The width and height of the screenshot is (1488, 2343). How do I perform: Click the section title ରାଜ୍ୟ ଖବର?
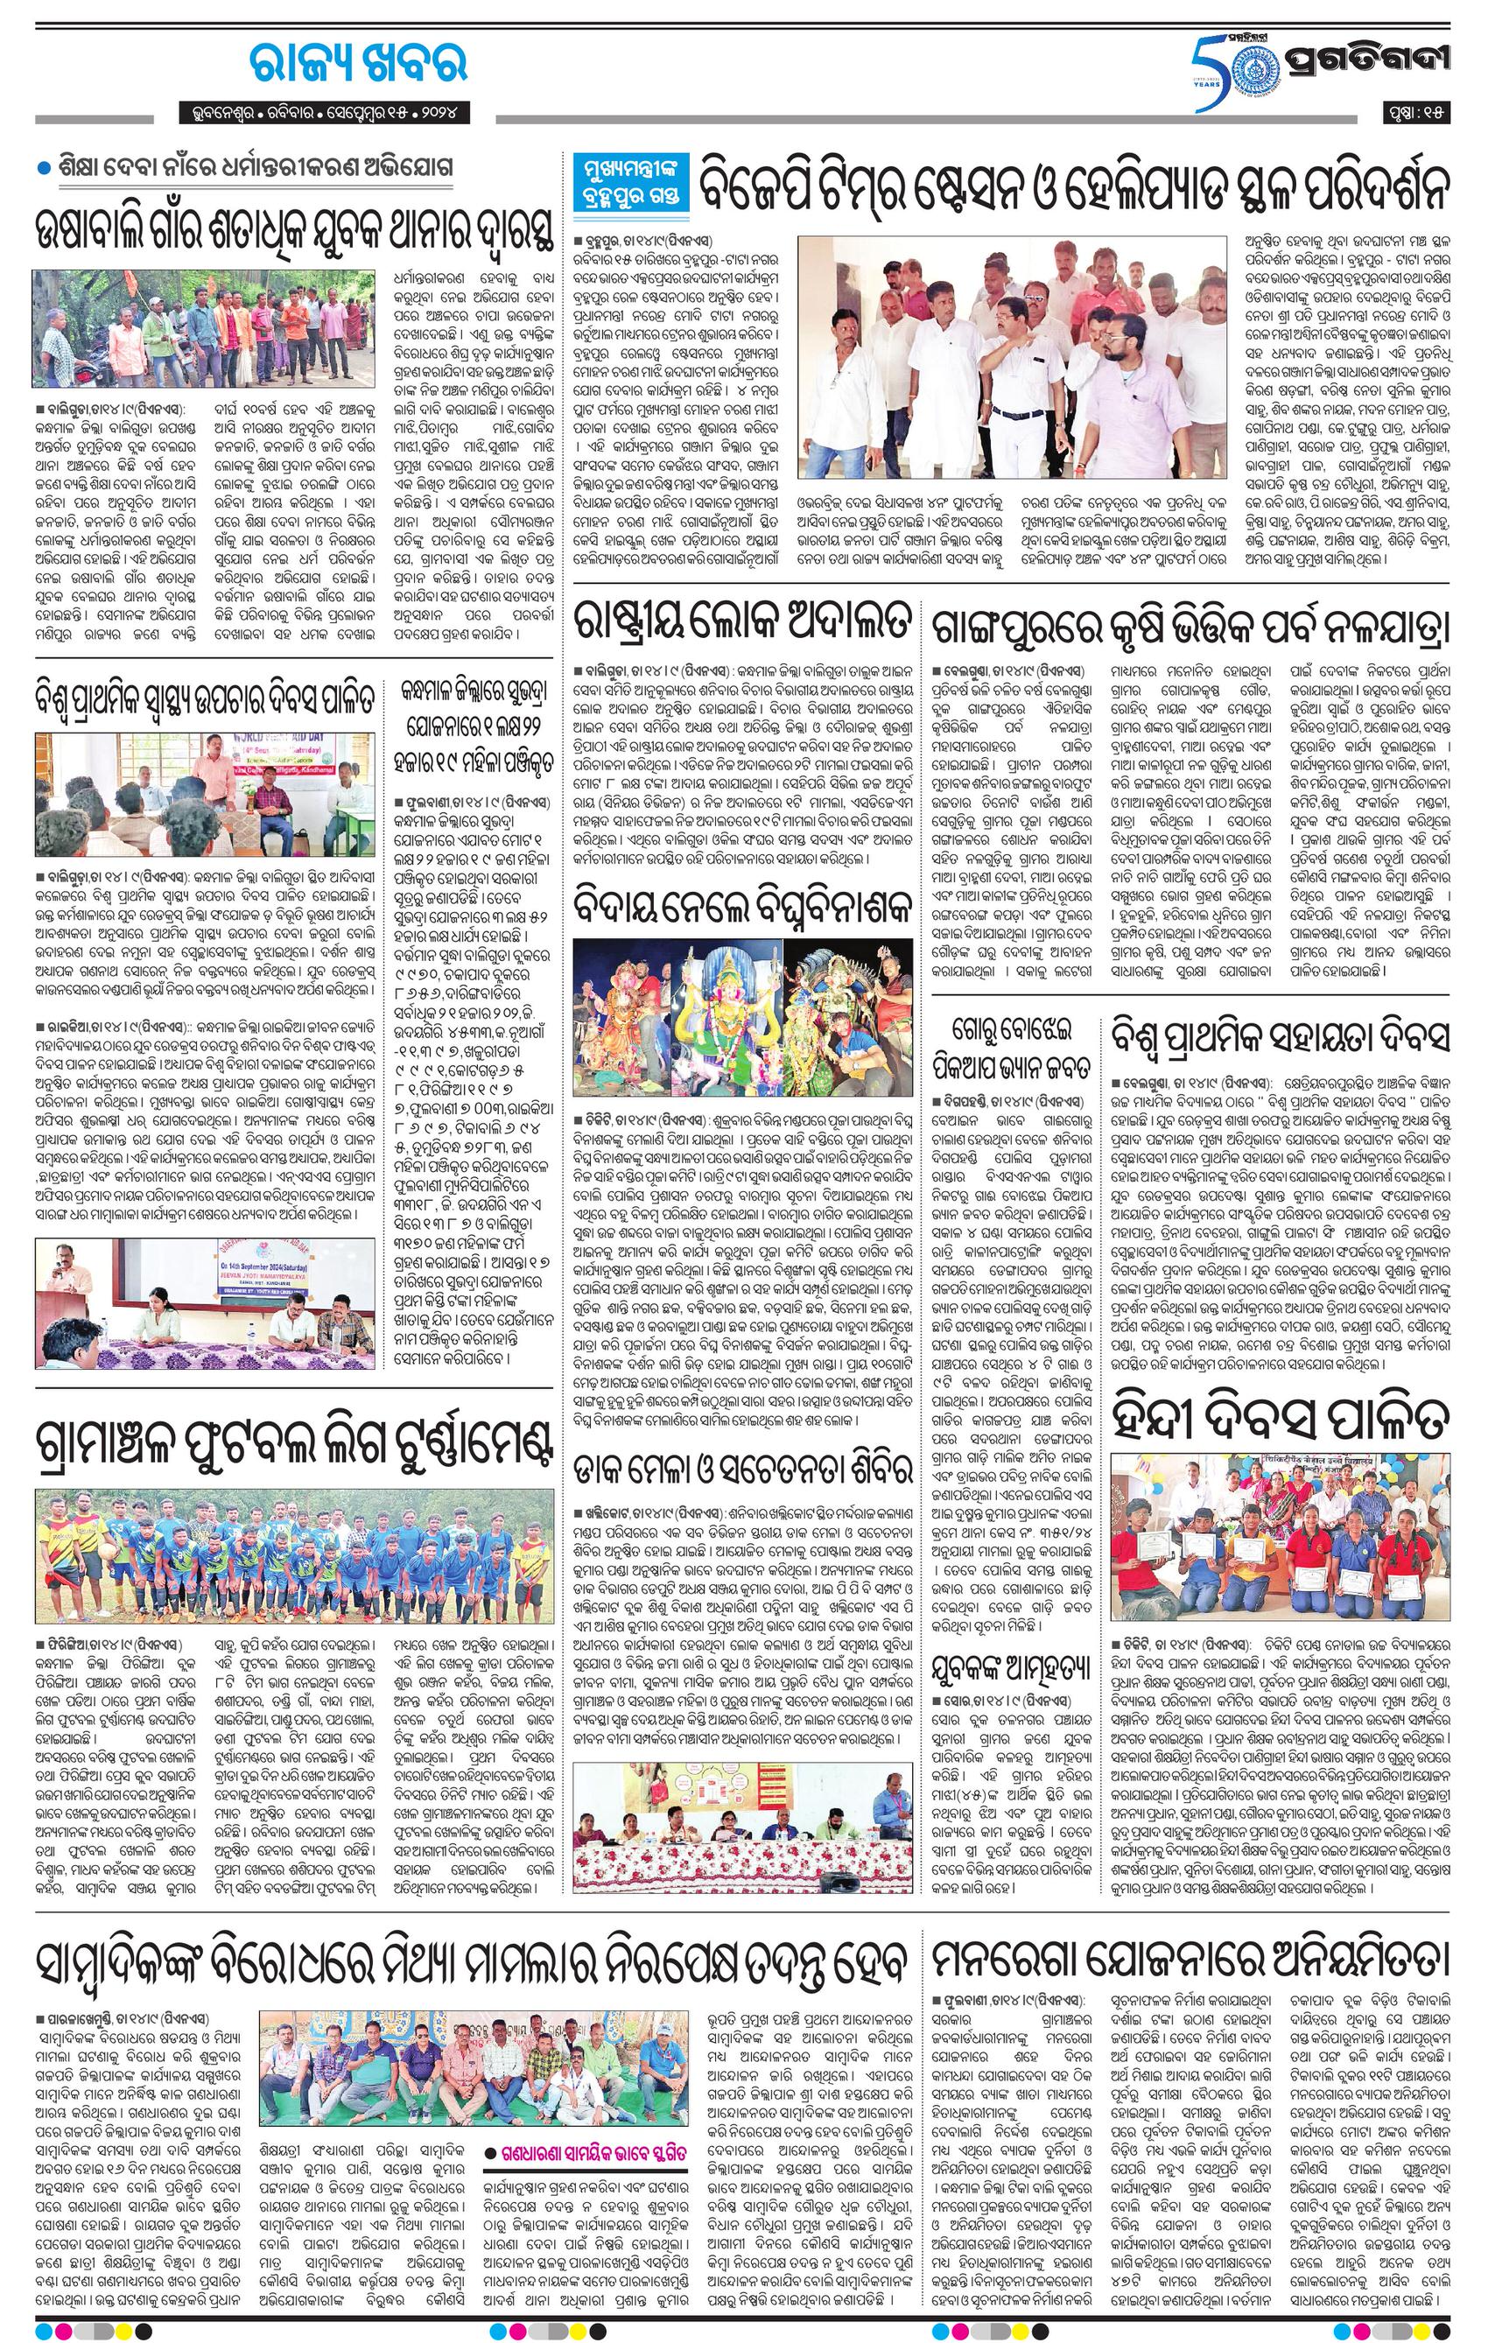(x=358, y=63)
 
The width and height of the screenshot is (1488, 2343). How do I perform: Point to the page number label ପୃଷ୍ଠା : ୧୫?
(x=1418, y=113)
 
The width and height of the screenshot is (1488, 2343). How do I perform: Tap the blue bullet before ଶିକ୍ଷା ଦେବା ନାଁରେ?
(x=43, y=168)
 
